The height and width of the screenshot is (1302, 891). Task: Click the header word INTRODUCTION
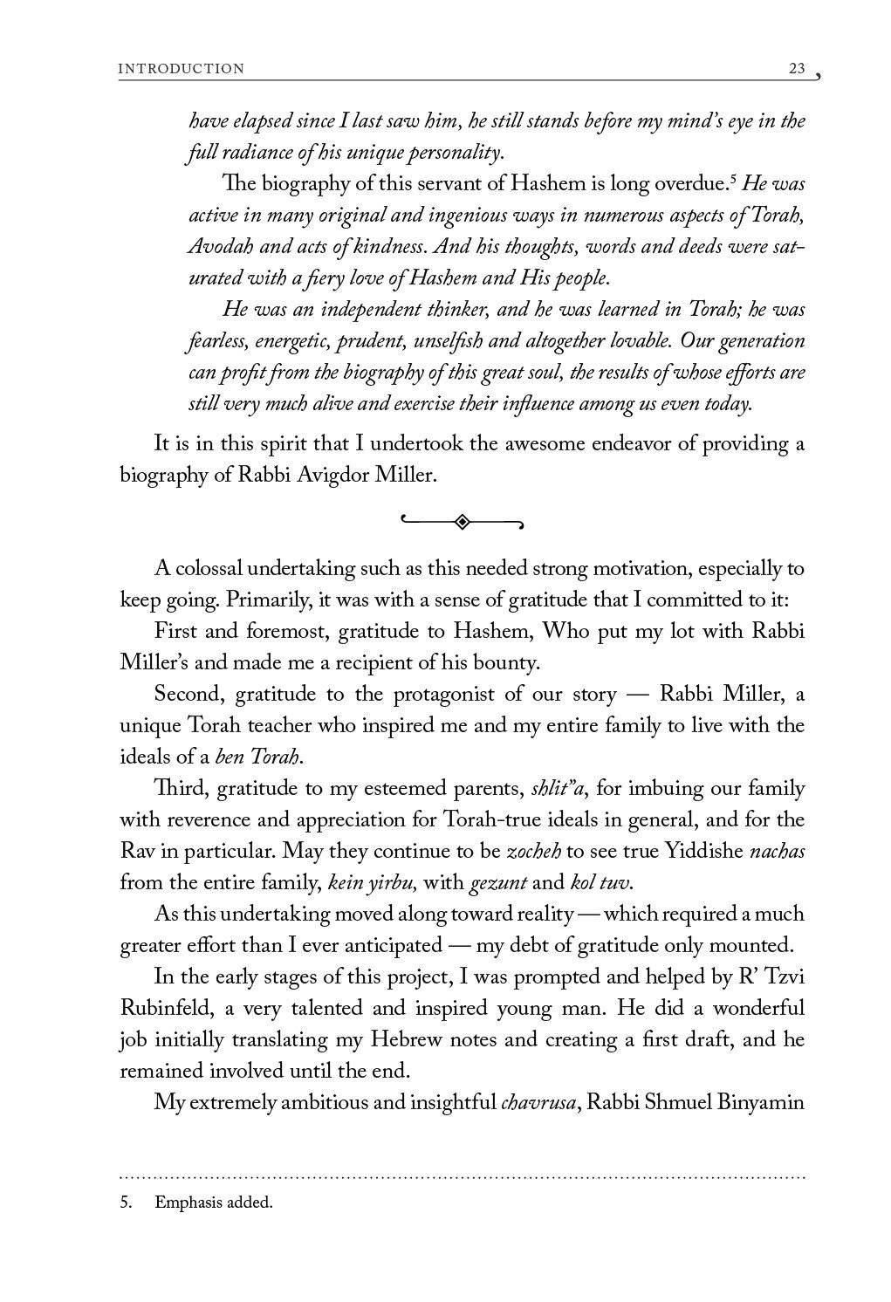(182, 69)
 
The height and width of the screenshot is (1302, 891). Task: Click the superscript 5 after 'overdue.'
(733, 180)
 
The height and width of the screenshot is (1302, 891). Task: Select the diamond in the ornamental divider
(462, 522)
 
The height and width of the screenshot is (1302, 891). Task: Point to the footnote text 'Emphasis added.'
(214, 1202)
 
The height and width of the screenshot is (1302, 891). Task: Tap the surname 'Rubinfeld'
(169, 1008)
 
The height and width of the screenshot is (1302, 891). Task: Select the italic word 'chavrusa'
(538, 1102)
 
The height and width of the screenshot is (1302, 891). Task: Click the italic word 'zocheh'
(534, 851)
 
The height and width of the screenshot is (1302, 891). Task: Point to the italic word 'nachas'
(777, 851)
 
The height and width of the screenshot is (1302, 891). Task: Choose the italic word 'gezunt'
(498, 882)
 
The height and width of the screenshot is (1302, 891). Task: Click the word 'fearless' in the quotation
(217, 340)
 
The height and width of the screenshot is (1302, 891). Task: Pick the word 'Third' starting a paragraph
(181, 789)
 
